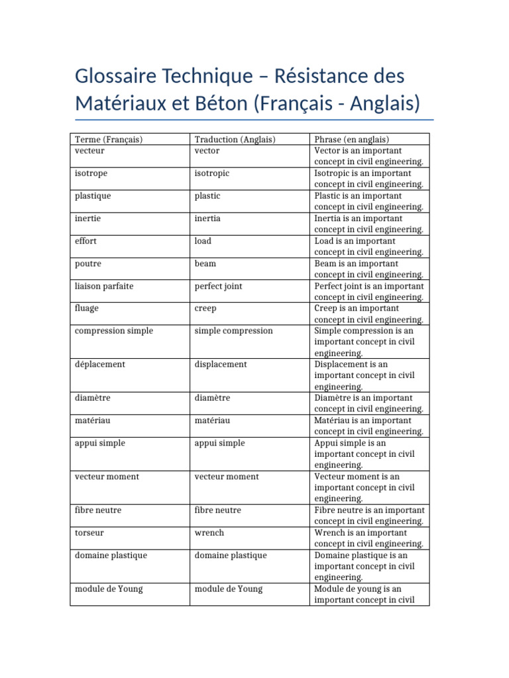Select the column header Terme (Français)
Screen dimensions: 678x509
109,139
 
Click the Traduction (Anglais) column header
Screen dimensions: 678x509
235,139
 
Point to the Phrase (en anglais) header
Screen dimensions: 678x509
351,139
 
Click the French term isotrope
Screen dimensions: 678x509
91,173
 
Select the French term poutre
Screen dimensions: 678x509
89,263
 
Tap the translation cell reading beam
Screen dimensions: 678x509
205,263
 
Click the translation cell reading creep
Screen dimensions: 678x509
205,308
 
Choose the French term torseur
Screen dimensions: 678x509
89,532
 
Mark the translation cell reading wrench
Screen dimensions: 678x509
209,532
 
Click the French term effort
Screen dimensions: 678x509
86,240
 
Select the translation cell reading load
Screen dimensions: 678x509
203,240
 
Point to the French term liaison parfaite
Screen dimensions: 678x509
104,285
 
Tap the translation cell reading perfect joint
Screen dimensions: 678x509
218,285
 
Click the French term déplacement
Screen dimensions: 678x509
100,364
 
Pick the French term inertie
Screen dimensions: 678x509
88,218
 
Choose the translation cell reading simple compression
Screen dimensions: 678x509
233,330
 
